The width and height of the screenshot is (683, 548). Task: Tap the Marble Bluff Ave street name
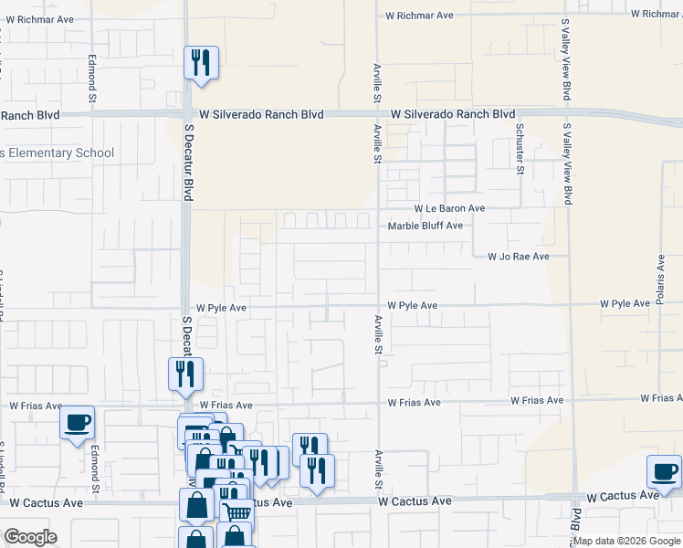point(426,227)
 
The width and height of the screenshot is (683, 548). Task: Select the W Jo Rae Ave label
point(519,258)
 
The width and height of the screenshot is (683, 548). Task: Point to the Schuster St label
point(519,148)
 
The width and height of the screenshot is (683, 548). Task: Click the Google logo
point(30,537)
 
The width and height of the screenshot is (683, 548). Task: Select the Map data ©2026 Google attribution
point(625,541)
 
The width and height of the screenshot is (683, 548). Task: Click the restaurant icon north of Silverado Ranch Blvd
point(201,64)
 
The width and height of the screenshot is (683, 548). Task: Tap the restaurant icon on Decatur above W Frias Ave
point(183,374)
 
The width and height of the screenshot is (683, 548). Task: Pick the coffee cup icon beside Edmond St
point(77,423)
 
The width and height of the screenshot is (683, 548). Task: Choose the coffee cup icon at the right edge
point(664,471)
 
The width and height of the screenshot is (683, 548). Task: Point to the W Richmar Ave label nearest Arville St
point(419,16)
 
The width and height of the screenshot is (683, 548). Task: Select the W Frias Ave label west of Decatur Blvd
point(36,406)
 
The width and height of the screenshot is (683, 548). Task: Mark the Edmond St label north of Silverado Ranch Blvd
point(91,79)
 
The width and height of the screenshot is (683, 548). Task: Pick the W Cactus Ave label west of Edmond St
point(40,502)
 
